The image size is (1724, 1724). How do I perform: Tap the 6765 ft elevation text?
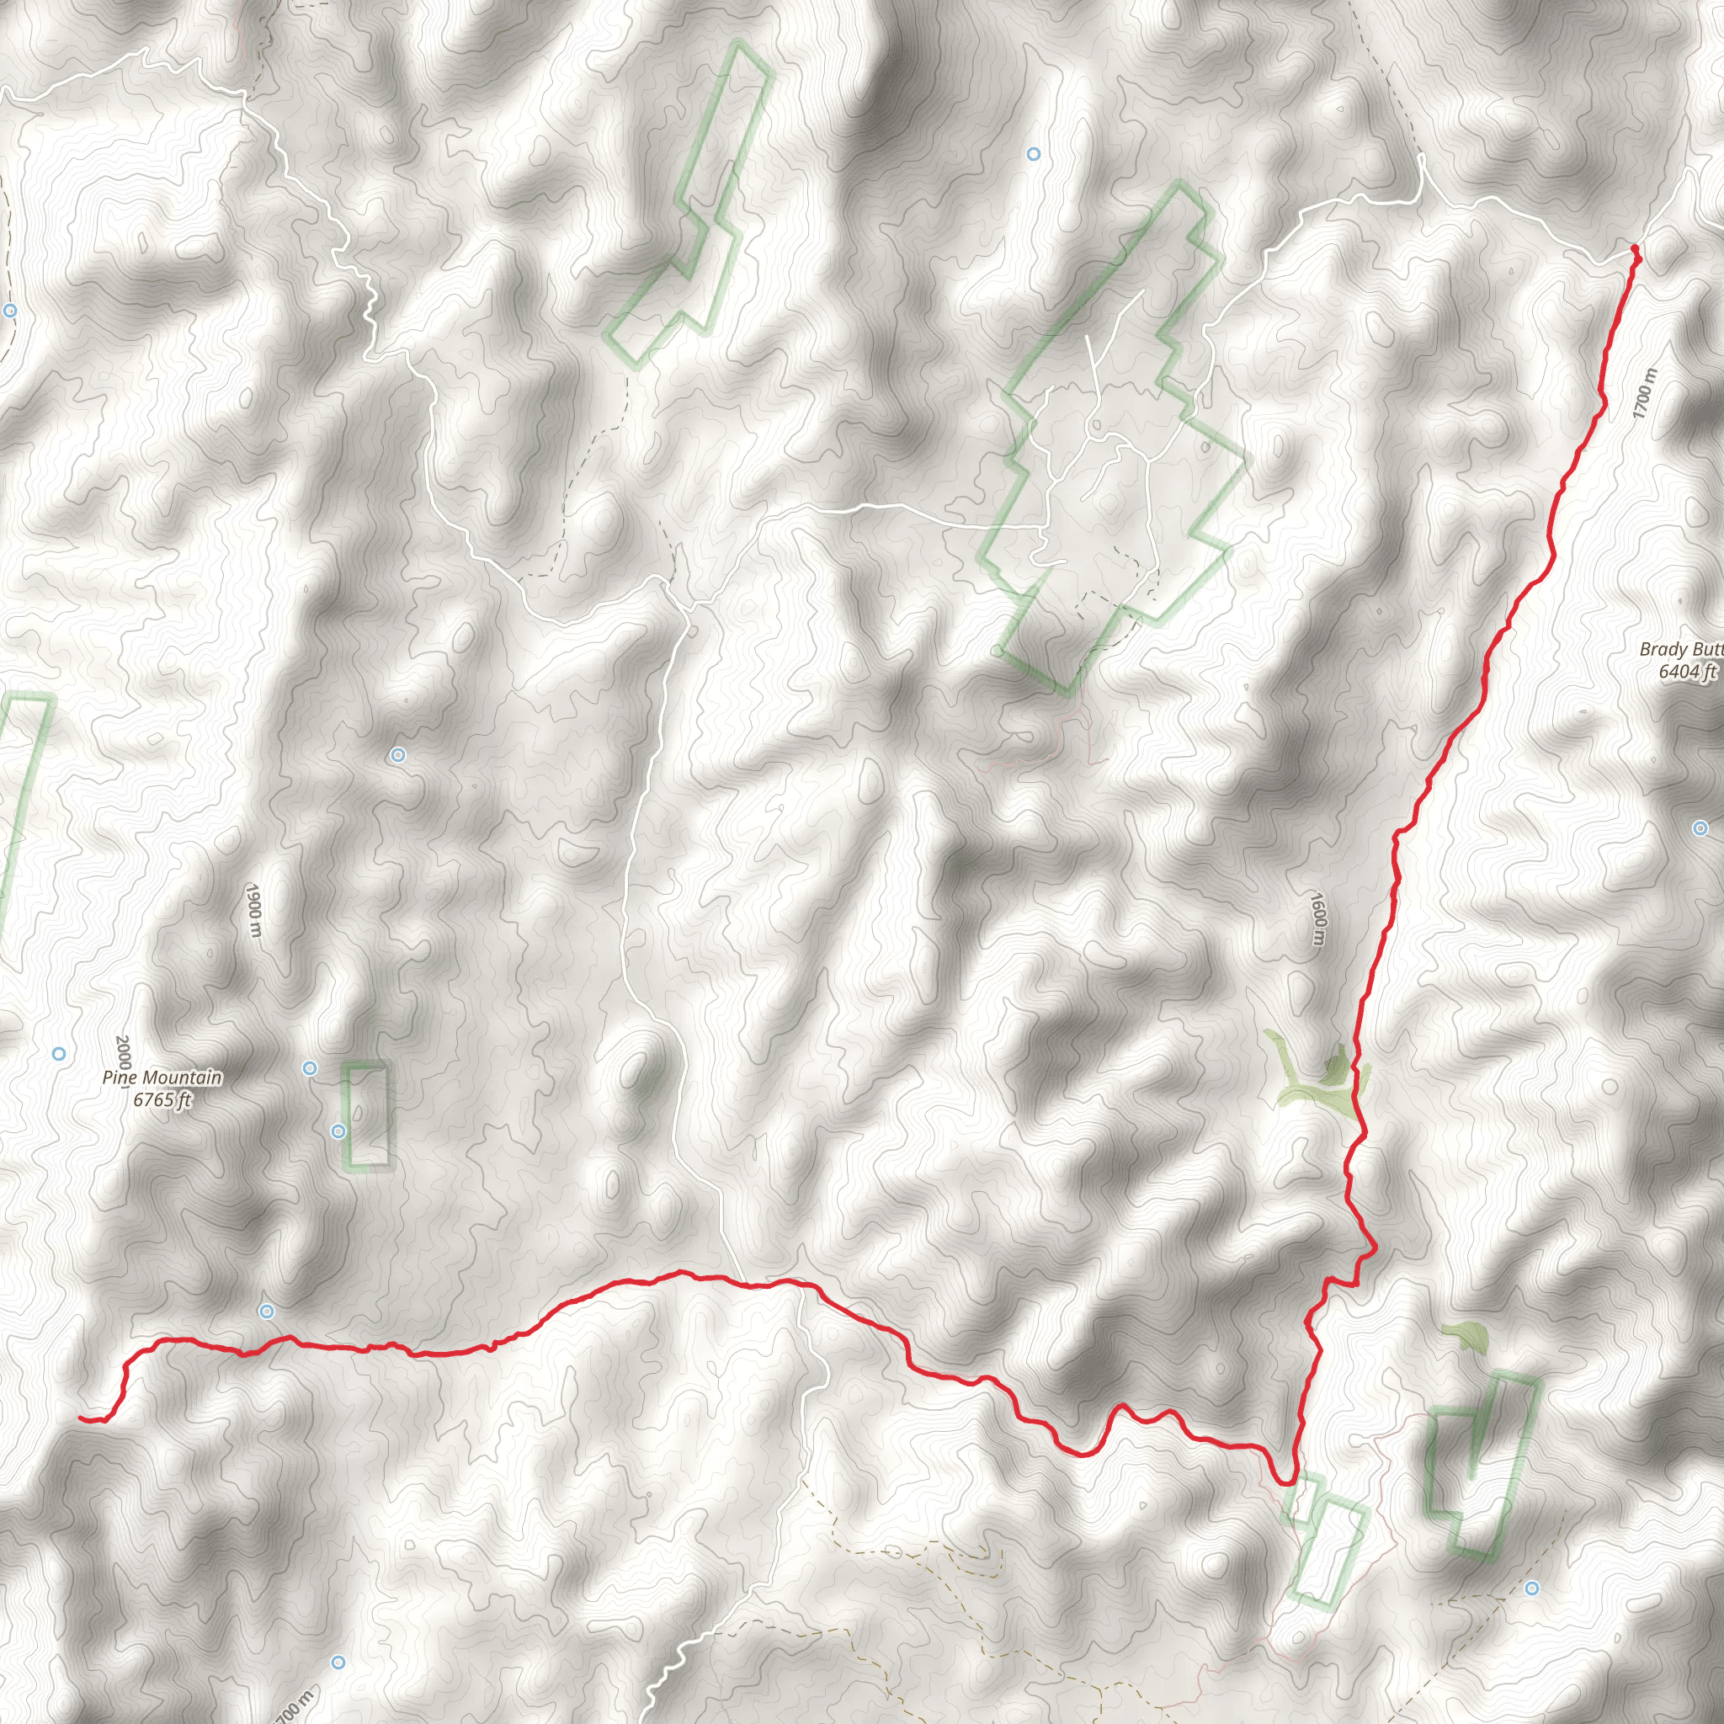click(162, 1099)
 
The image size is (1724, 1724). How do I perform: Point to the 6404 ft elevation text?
click(1686, 671)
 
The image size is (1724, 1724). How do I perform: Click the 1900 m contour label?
click(253, 910)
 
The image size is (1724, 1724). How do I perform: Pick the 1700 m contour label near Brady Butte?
click(1643, 392)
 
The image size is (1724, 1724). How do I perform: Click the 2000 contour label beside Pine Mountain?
click(123, 1053)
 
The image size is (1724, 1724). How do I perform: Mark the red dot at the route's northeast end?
click(1634, 248)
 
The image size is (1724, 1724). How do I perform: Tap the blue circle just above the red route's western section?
click(266, 1311)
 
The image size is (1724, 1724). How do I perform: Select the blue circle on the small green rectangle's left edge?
click(338, 1131)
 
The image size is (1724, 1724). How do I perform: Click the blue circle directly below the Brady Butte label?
click(1700, 829)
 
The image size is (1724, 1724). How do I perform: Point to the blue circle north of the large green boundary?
click(1034, 154)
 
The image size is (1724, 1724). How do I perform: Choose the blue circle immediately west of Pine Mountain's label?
click(59, 1054)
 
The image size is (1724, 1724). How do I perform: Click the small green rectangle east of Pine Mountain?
click(367, 1115)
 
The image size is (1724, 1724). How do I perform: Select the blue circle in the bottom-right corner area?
click(1532, 1588)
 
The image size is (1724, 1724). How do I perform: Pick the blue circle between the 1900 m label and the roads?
click(398, 756)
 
